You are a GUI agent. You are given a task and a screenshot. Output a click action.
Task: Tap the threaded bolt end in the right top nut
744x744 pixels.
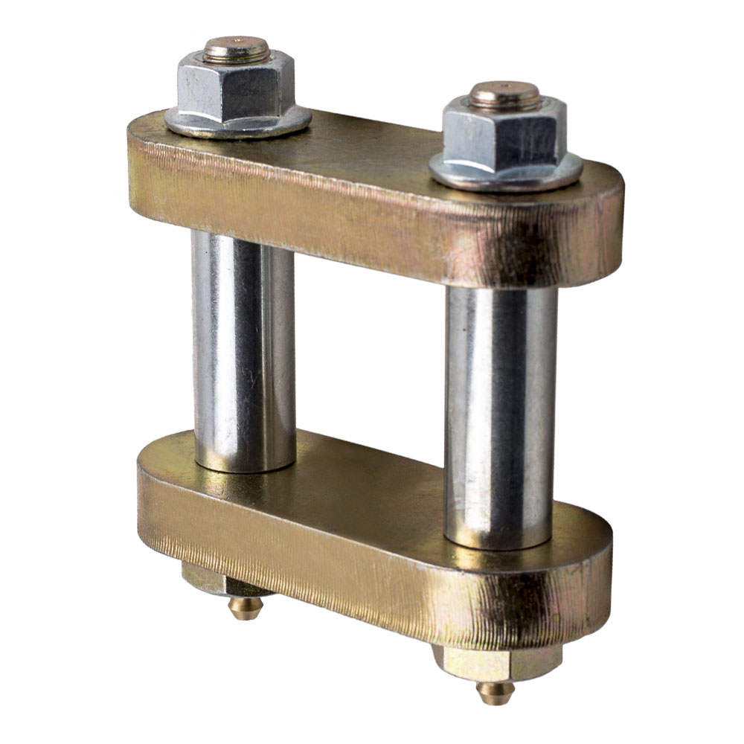[x=505, y=94]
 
